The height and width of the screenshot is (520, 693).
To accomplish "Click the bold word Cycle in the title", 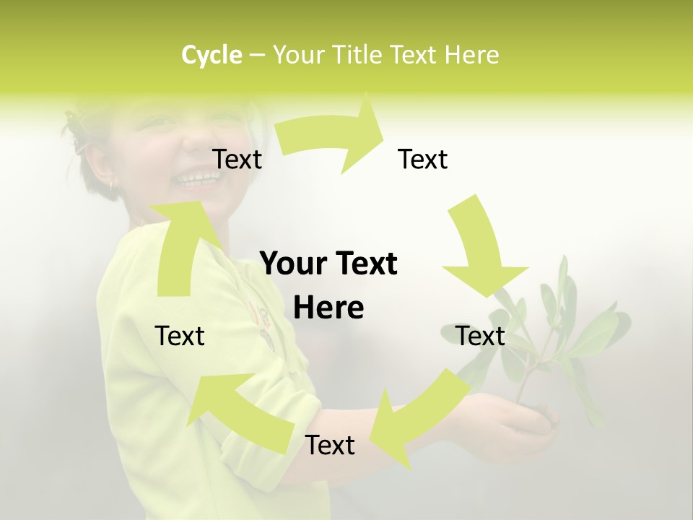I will coord(212,55).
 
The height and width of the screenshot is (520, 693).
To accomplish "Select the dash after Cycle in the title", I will coord(256,55).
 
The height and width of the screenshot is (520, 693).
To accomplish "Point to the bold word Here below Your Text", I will coord(328,308).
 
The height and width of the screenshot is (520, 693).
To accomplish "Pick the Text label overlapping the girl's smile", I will coord(237,159).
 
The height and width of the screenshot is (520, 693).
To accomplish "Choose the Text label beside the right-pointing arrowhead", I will coord(422,159).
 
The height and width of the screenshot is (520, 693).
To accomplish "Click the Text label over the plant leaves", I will coord(480,336).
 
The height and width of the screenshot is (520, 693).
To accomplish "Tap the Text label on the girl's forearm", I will coord(330,446).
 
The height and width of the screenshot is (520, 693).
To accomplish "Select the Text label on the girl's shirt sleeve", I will coord(180,336).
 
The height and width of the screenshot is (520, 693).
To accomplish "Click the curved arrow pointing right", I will coord(332,137).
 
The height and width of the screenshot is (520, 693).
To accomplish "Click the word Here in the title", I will coord(472,55).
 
